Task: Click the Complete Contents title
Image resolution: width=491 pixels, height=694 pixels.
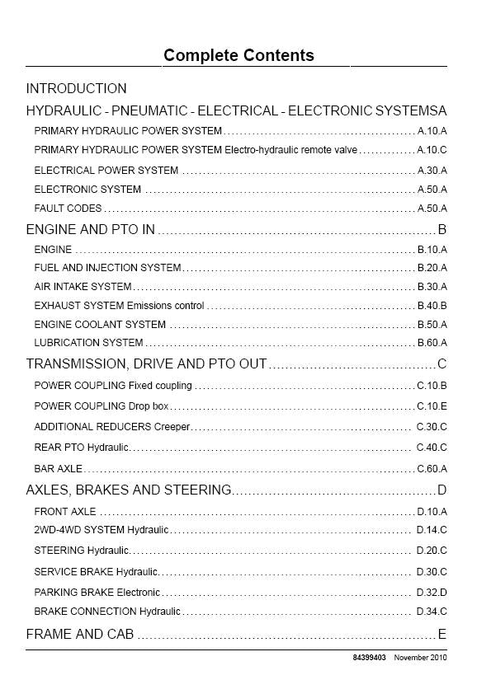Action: click(238, 56)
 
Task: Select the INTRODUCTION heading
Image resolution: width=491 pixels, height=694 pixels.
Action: click(77, 89)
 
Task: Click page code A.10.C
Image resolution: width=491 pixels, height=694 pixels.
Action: click(432, 150)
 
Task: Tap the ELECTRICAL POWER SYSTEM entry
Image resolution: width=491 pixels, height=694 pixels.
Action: click(106, 171)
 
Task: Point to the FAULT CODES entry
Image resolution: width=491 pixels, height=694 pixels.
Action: click(68, 209)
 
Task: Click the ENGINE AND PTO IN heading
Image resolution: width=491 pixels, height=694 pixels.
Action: click(91, 230)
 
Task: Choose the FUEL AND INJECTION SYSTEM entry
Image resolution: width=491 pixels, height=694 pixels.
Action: click(107, 268)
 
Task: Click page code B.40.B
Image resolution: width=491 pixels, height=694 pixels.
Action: click(432, 306)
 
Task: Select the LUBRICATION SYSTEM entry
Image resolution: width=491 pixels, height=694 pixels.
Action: click(88, 343)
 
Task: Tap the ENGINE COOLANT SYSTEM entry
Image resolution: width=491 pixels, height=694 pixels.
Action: click(100, 325)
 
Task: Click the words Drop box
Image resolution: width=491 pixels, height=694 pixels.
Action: click(149, 406)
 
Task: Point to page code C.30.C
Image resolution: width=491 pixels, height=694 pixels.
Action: click(432, 427)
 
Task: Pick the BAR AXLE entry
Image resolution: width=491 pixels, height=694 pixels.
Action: click(58, 469)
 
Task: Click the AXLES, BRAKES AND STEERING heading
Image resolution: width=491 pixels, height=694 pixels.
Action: click(129, 490)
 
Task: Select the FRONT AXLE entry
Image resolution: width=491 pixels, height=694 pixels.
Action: click(65, 512)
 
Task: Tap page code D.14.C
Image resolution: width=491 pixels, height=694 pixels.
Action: click(432, 530)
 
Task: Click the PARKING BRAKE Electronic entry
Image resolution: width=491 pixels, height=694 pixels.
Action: click(97, 593)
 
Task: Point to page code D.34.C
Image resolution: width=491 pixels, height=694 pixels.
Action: click(432, 612)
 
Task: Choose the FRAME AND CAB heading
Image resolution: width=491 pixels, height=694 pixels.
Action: click(80, 635)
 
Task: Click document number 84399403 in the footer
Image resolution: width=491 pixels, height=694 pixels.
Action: click(370, 658)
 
